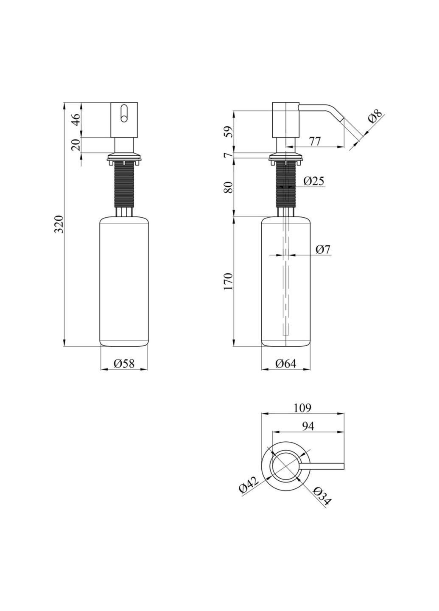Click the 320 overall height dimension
tap(59, 224)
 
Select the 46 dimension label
tap(77, 119)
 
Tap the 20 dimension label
tap(77, 145)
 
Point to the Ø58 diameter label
tap(124, 363)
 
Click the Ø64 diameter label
tap(285, 363)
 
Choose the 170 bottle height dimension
tap(229, 281)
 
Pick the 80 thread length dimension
tap(229, 187)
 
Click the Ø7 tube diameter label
tap(323, 249)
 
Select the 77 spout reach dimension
tap(314, 141)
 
